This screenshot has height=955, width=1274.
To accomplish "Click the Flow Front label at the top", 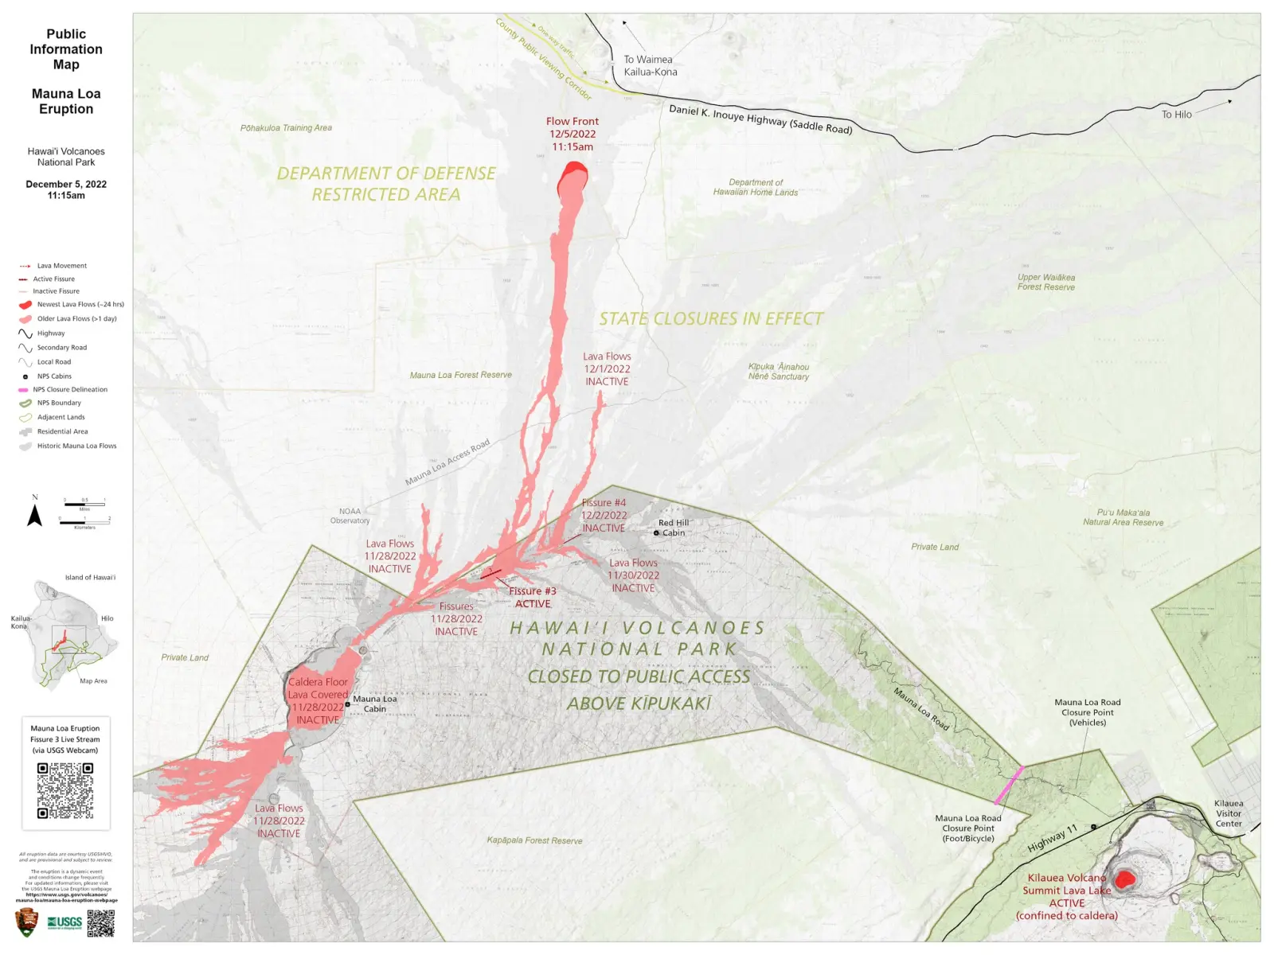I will [572, 134].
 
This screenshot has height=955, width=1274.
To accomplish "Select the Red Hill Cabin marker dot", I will [656, 533].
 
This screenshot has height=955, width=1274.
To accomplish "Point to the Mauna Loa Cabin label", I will [374, 704].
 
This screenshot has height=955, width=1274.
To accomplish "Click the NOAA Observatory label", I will [350, 516].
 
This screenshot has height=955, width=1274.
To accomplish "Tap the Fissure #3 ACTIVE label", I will [532, 597].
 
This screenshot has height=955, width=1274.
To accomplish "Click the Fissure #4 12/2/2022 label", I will [604, 515].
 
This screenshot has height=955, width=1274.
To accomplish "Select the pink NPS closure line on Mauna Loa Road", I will [1009, 785].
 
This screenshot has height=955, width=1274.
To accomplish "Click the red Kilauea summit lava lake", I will [1124, 880].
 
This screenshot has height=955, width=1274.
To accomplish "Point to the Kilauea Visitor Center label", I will [1228, 813].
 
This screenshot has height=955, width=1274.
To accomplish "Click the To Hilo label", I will [1176, 115].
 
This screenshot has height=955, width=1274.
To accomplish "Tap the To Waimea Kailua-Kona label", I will [650, 65].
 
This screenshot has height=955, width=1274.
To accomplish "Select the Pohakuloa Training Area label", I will [286, 128].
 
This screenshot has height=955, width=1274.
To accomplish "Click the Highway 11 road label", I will [1052, 839].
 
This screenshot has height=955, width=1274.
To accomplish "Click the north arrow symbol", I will [35, 513].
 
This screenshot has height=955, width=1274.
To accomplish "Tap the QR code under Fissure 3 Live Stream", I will [65, 790].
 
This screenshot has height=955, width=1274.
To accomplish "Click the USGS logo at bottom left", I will [64, 923].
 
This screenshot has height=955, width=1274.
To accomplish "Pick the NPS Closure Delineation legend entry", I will [69, 390].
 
